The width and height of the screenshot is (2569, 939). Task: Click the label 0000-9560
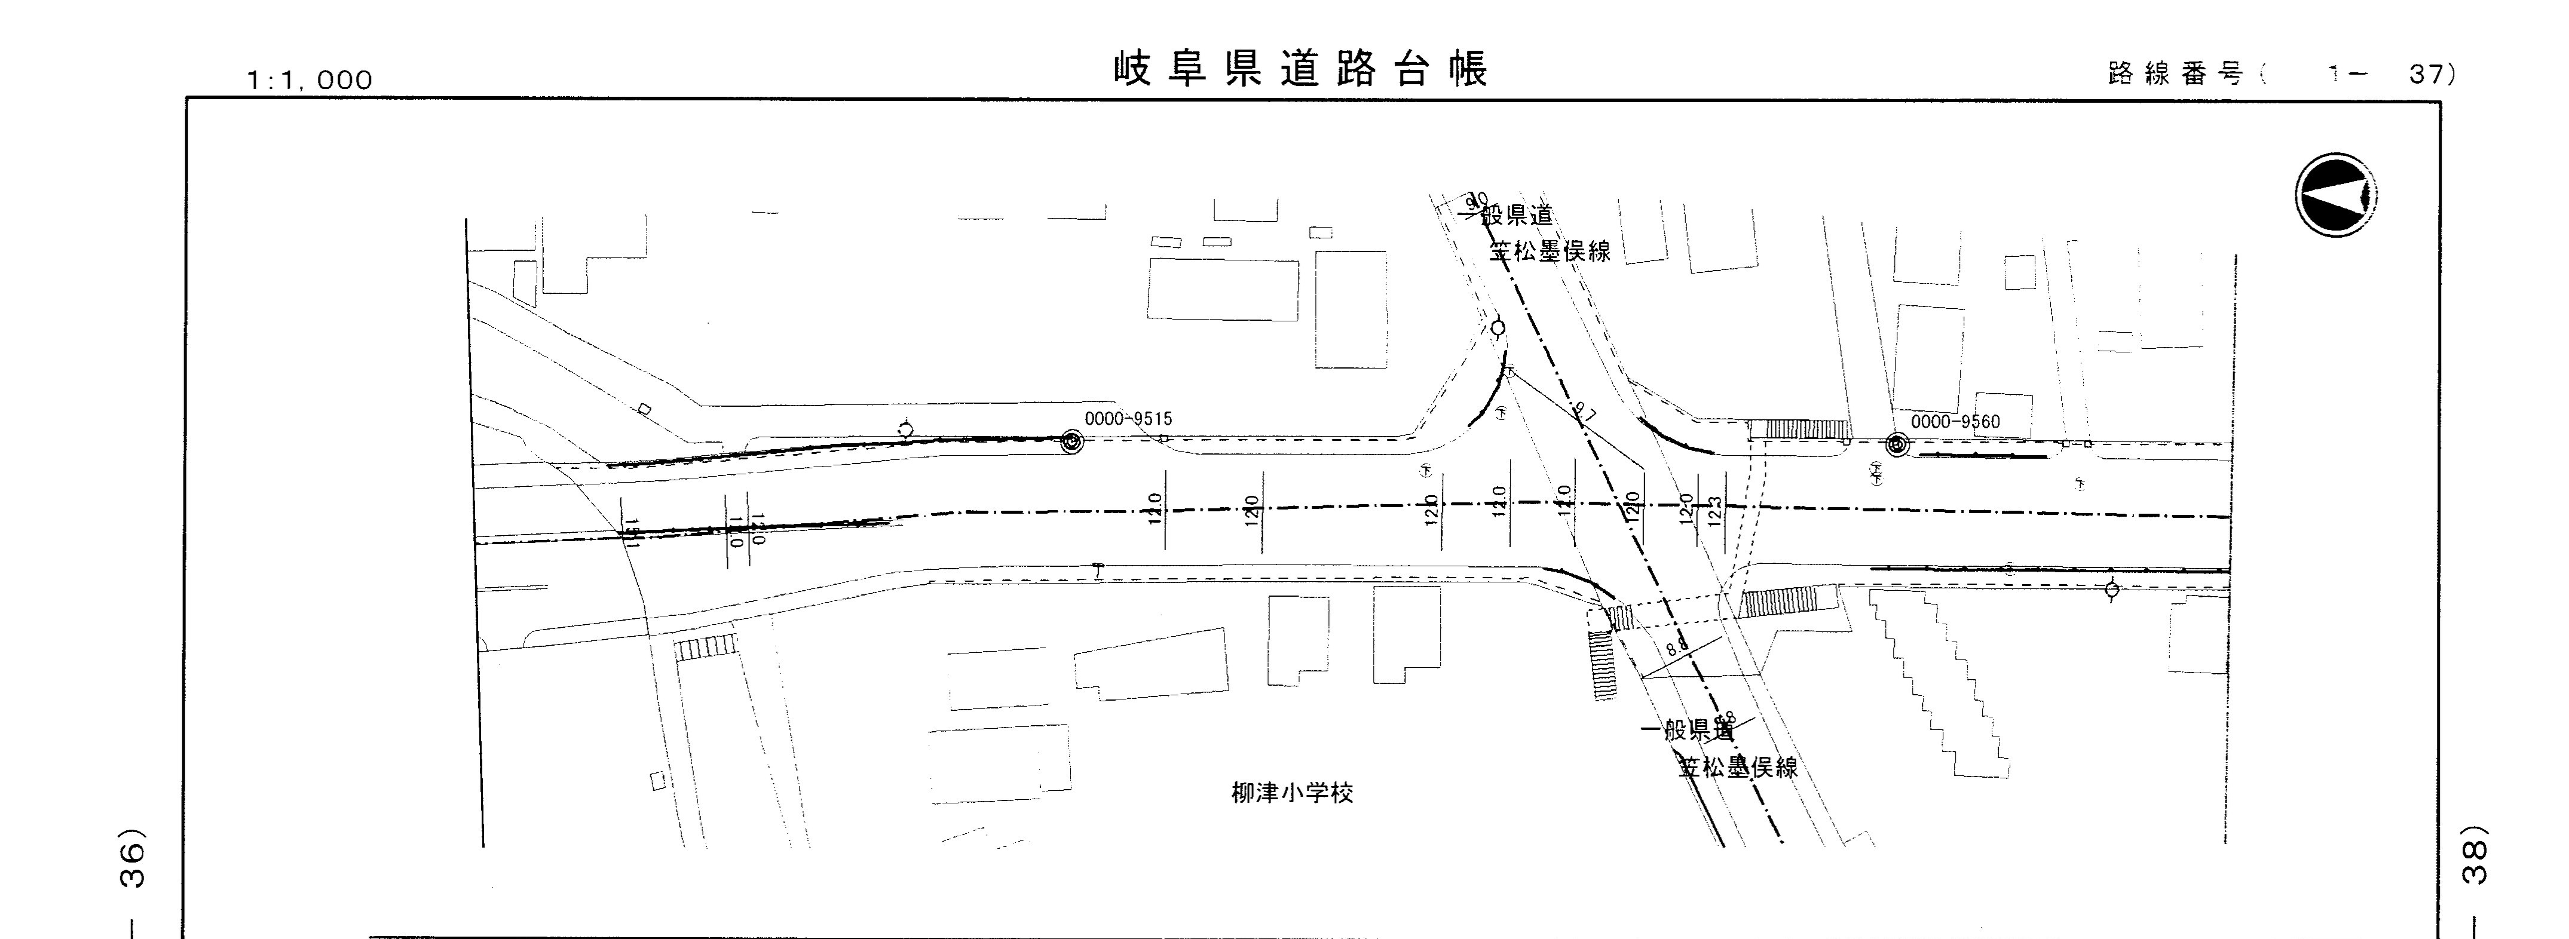tap(1955, 422)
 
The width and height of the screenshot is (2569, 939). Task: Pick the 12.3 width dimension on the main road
tap(1715, 510)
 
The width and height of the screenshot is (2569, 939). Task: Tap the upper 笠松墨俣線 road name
tap(1550, 251)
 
